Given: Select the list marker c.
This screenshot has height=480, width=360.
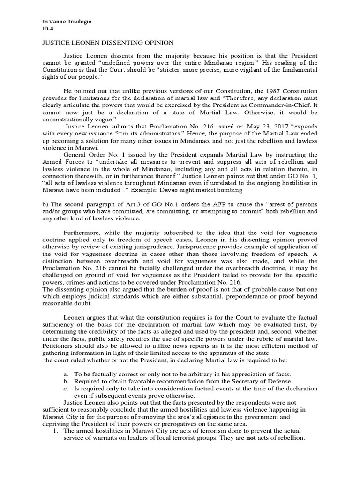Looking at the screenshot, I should coord(66,388).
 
